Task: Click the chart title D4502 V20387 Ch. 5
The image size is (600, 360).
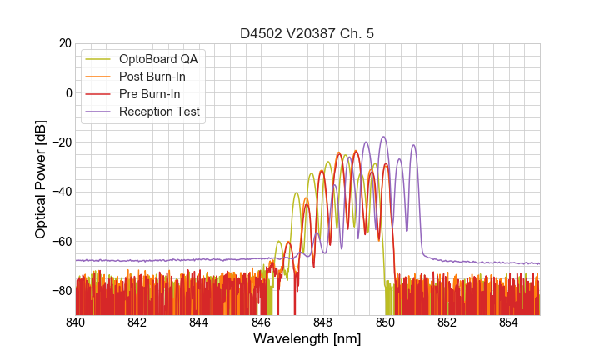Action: [x=307, y=33]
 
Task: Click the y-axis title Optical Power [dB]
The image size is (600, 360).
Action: [x=41, y=179]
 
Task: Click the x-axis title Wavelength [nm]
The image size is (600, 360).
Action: [x=307, y=339]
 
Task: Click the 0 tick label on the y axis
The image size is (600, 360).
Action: [x=68, y=92]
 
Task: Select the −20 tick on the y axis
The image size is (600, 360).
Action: [x=61, y=142]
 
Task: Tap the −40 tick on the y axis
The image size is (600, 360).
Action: [x=61, y=192]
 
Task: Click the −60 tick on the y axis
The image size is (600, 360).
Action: [x=61, y=242]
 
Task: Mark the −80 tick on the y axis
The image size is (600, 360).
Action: [x=61, y=291]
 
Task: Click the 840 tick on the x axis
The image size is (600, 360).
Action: [x=76, y=322]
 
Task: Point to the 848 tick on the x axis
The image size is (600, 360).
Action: [x=323, y=322]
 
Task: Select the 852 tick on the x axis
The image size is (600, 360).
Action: [x=447, y=322]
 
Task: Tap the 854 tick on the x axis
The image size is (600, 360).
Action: [x=508, y=322]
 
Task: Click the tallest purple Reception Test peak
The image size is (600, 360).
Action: [x=383, y=137]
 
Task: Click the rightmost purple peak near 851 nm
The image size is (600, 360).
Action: [x=413, y=146]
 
